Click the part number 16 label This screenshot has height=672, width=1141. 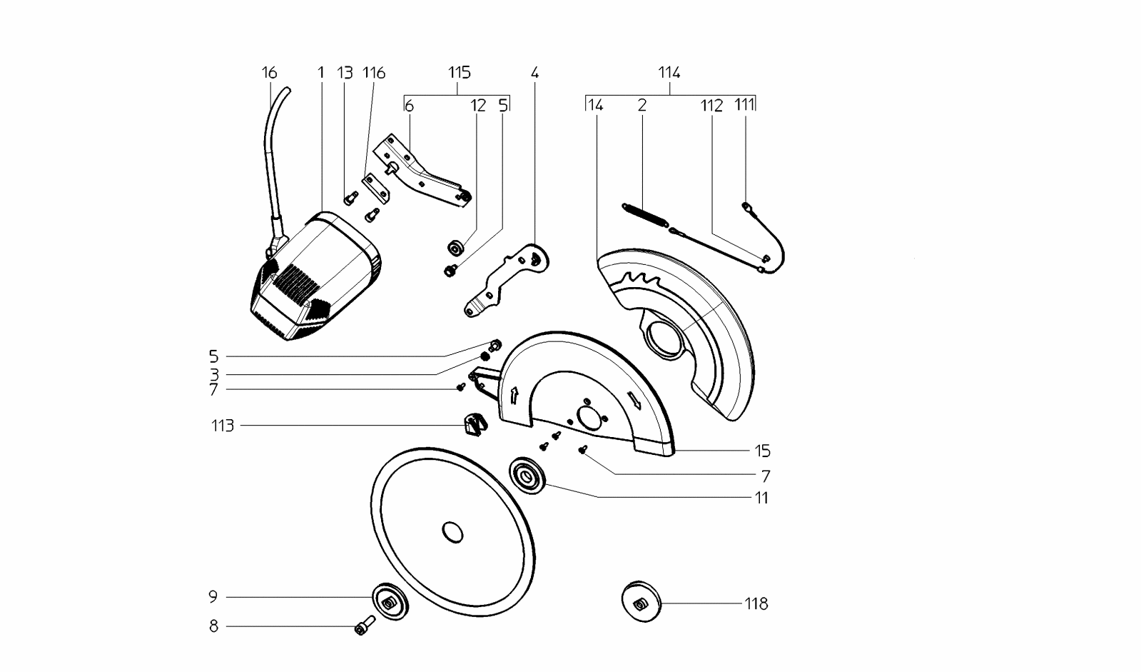point(269,73)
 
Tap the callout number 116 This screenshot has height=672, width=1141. point(373,73)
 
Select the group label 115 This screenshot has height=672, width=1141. point(460,72)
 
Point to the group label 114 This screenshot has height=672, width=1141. point(669,72)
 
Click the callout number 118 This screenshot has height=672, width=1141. point(756,604)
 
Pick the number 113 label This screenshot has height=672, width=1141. point(223,426)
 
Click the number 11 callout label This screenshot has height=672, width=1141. point(762,498)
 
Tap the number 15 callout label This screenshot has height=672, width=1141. point(762,451)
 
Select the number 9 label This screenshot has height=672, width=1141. point(213,597)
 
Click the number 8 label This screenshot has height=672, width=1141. point(213,626)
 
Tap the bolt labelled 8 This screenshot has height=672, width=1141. point(365,626)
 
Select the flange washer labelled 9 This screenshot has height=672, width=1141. point(389,602)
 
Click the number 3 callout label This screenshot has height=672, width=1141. point(214,374)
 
